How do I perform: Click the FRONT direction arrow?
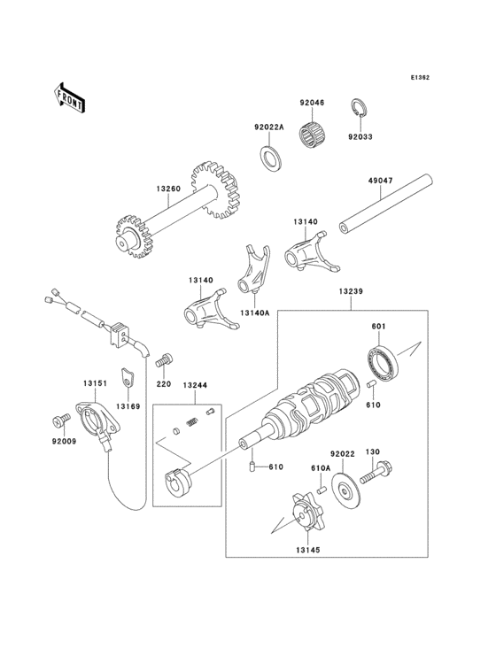(70, 96)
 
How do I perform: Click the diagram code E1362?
(420, 78)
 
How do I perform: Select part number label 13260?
(169, 189)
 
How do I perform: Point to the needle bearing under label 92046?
(313, 135)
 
